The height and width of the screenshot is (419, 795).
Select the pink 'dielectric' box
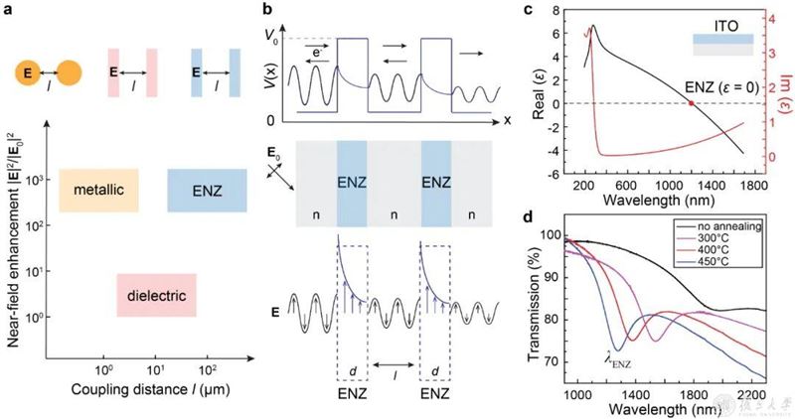point(156,296)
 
